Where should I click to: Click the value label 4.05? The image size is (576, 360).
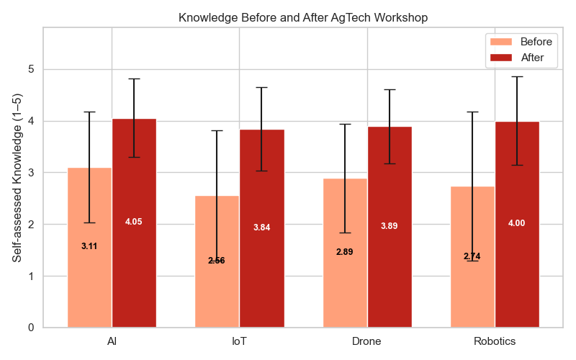click(x=134, y=222)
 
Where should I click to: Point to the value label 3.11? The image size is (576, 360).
click(x=89, y=246)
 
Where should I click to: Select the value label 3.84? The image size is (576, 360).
click(x=261, y=228)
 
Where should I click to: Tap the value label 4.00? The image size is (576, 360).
click(x=517, y=223)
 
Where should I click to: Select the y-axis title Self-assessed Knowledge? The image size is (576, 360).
click(x=17, y=177)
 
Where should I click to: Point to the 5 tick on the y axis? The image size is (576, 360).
click(x=32, y=70)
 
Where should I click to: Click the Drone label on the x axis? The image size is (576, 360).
click(x=367, y=341)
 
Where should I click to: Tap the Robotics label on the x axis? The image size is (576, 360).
click(x=495, y=341)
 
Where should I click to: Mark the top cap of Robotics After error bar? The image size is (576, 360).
click(x=517, y=76)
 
